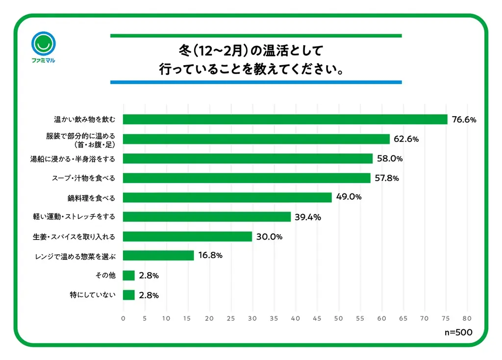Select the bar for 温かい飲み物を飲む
pos(285,120)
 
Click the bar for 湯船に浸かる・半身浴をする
pos(248,159)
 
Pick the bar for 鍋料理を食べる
pos(227,197)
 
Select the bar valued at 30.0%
pos(187,237)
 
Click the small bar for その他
pos(128,275)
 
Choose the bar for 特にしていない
pos(128,295)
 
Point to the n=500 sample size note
pos(458,332)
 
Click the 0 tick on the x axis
pos(123,318)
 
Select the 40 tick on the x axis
pos(295,318)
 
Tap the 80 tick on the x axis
pos(467,318)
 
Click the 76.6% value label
pos(464,120)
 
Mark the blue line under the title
pos(256,82)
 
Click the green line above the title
pos(256,36)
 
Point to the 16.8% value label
pos(210,256)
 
